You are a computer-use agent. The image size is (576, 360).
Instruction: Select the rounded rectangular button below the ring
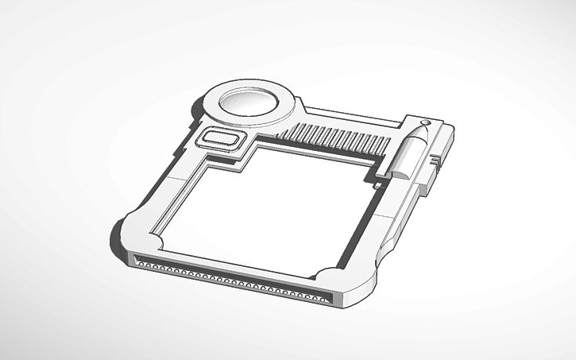(223, 140)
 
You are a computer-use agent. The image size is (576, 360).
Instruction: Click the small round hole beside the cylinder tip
(426, 122)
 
